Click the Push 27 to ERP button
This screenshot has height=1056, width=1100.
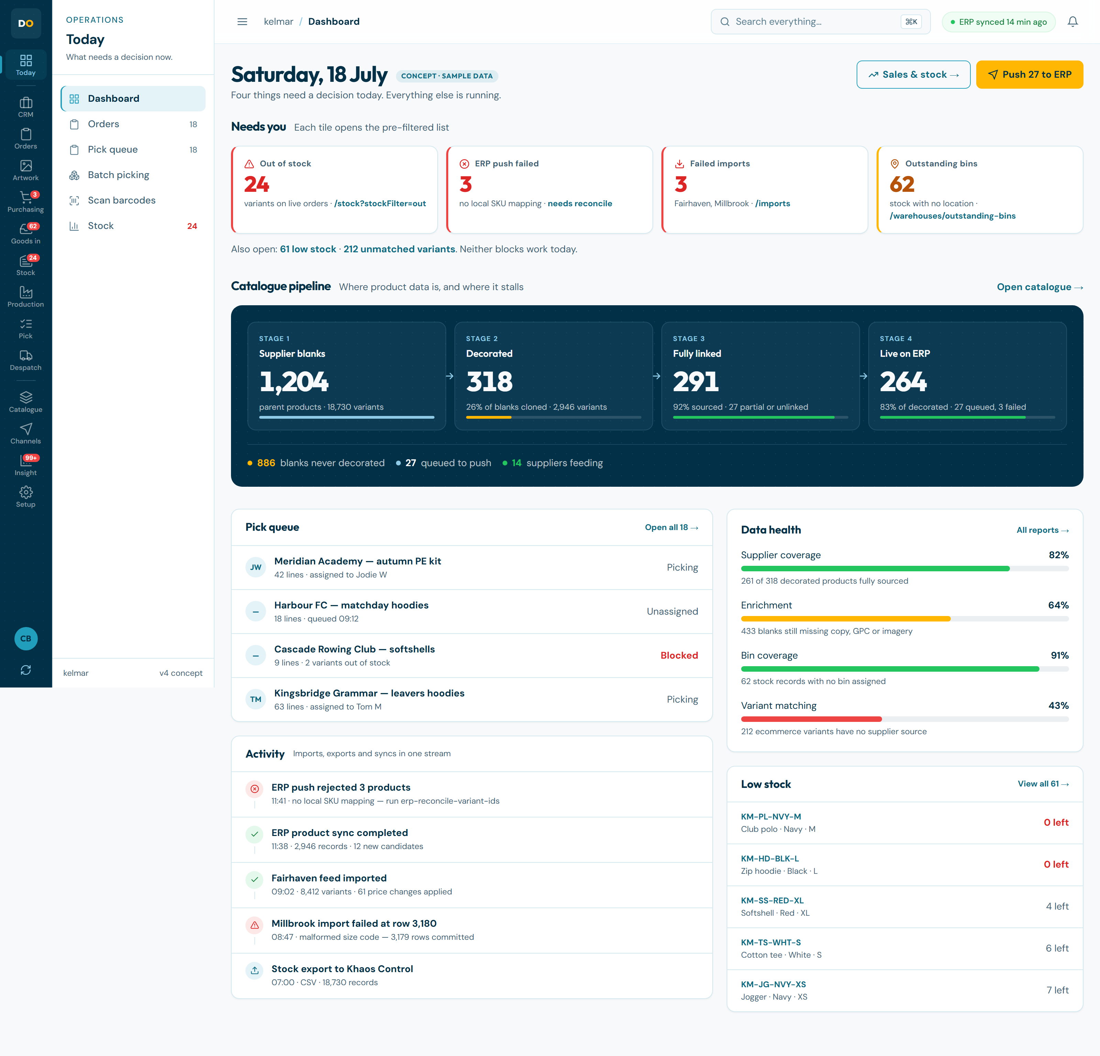coord(1029,75)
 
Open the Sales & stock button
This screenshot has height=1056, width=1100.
coord(913,75)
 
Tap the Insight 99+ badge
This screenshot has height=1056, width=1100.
coord(31,458)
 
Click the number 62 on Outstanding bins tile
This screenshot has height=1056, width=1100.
coord(902,184)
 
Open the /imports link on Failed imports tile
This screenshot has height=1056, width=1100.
coord(772,204)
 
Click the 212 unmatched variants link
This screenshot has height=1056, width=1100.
coord(399,249)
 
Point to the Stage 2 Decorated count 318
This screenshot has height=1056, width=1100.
coord(489,382)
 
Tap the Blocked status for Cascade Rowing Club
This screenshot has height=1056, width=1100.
coord(679,656)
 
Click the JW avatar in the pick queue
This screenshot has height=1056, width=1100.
coord(256,567)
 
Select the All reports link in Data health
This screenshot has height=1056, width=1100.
coord(1042,530)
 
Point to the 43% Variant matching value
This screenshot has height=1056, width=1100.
coord(1058,705)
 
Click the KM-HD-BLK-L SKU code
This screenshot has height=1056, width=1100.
coord(769,858)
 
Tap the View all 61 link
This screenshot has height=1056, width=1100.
coord(1043,784)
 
